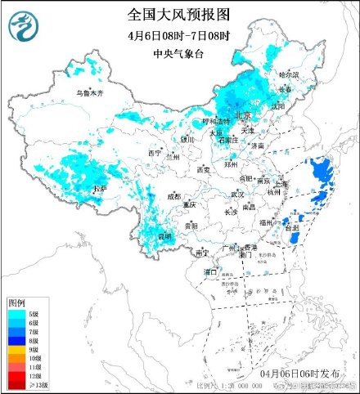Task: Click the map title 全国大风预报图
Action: point(179,14)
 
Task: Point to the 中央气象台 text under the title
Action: point(179,54)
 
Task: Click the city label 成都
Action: point(174,196)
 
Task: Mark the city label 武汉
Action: point(237,194)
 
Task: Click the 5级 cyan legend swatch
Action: point(15,314)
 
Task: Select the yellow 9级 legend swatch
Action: point(15,350)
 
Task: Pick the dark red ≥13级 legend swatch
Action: point(15,385)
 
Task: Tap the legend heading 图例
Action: point(17,303)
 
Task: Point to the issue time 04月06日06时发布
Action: point(292,373)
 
